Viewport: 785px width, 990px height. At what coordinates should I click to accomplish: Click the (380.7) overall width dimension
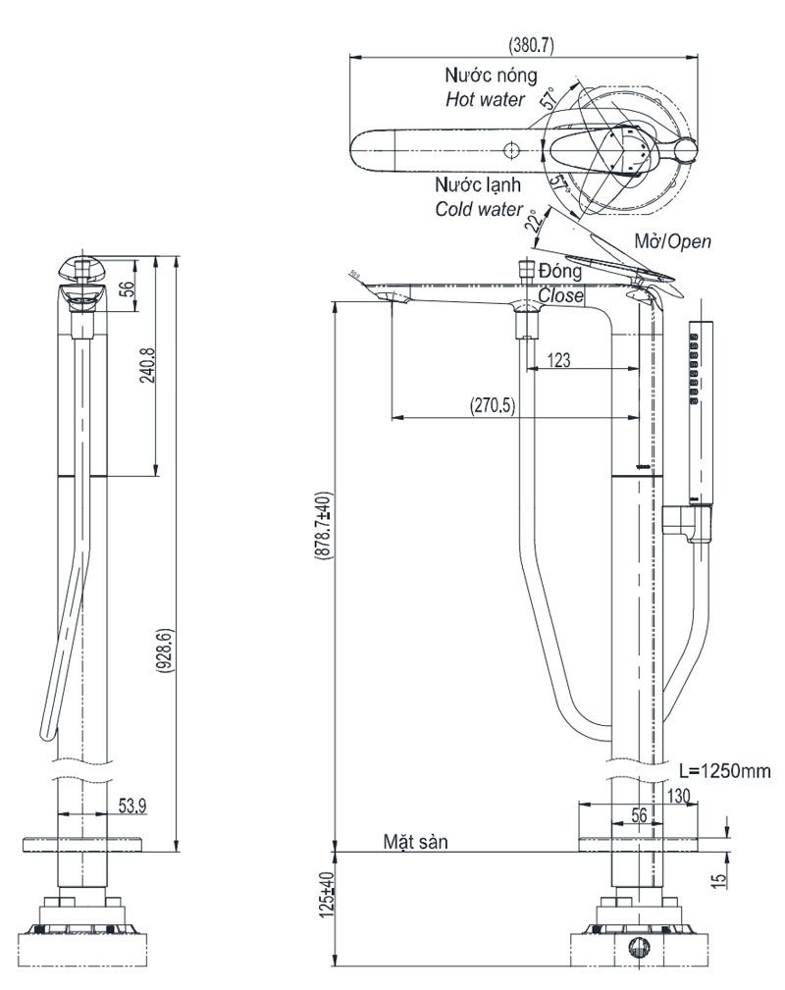(x=529, y=44)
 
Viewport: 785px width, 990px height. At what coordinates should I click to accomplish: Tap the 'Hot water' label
(x=485, y=99)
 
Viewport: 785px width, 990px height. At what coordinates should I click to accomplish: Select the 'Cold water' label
(x=479, y=208)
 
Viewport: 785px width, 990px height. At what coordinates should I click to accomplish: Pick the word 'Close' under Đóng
(x=560, y=294)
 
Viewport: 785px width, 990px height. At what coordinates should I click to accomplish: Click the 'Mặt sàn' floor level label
(x=416, y=841)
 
